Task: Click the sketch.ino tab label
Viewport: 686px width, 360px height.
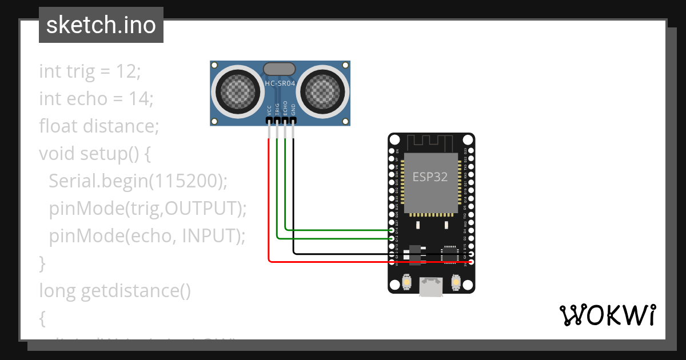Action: click(101, 26)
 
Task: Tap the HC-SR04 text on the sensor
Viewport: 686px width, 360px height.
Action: click(280, 83)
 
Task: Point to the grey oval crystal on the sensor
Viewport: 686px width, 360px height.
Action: click(280, 69)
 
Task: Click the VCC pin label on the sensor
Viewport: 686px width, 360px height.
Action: click(269, 110)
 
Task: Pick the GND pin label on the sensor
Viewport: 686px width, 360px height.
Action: click(293, 110)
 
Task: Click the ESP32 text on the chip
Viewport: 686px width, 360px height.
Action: click(430, 177)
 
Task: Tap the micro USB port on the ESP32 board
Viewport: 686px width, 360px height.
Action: click(430, 286)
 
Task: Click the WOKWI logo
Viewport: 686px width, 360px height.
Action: click(607, 315)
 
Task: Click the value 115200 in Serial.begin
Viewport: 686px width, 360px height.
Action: click(185, 181)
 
